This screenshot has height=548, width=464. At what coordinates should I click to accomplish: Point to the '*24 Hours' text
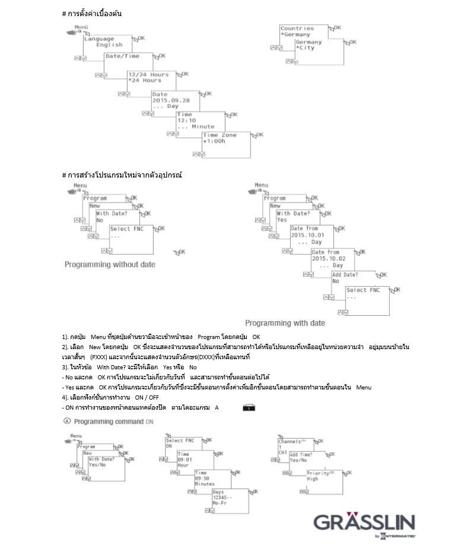[x=145, y=81]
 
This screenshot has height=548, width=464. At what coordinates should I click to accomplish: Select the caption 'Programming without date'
[x=110, y=264]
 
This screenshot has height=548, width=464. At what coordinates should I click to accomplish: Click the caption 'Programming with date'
[x=285, y=323]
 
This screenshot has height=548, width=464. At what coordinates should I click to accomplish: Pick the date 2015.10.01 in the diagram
[x=308, y=235]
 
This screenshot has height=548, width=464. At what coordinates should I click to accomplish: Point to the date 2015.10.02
[x=329, y=259]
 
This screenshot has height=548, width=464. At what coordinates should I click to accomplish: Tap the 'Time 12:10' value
[x=186, y=121]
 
